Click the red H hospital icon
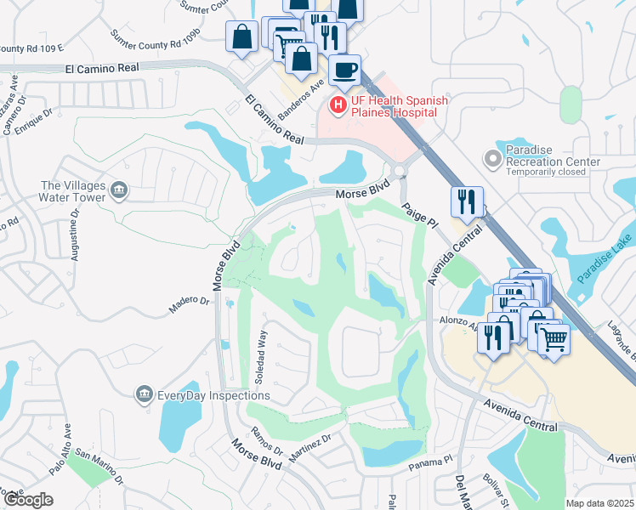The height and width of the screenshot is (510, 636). click(x=338, y=105)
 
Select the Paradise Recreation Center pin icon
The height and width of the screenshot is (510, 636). click(x=491, y=158)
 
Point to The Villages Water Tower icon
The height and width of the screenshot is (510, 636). click(x=119, y=192)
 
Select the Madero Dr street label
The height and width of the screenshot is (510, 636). click(x=189, y=304)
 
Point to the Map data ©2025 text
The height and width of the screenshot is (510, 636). click(x=599, y=503)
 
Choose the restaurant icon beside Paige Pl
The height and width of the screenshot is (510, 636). click(x=467, y=202)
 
